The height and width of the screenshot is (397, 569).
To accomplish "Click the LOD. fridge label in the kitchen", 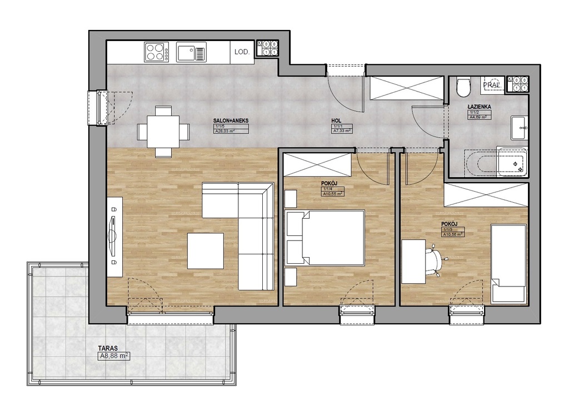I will click(242, 52).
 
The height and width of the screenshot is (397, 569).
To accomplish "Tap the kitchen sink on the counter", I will click(191, 53).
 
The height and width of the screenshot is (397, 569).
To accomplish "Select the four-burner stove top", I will click(156, 52).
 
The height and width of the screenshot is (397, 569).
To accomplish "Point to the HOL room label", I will click(337, 120).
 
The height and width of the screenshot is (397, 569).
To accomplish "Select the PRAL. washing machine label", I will click(493, 85).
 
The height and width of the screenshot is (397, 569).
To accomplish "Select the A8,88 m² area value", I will click(114, 357).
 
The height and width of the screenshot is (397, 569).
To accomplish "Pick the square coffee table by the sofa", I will click(206, 251).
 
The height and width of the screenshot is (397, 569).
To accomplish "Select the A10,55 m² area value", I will click(332, 194).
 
